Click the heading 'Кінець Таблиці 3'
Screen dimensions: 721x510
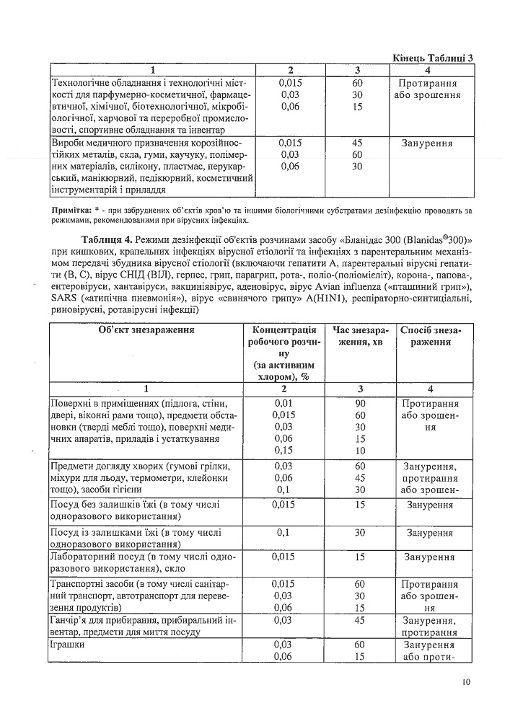pos(433,58)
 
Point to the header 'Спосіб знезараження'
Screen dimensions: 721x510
pos(430,335)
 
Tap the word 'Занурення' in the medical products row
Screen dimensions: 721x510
pos(428,143)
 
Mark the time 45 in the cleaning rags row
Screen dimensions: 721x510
pos(357,619)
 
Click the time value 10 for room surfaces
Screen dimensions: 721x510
pos(357,451)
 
